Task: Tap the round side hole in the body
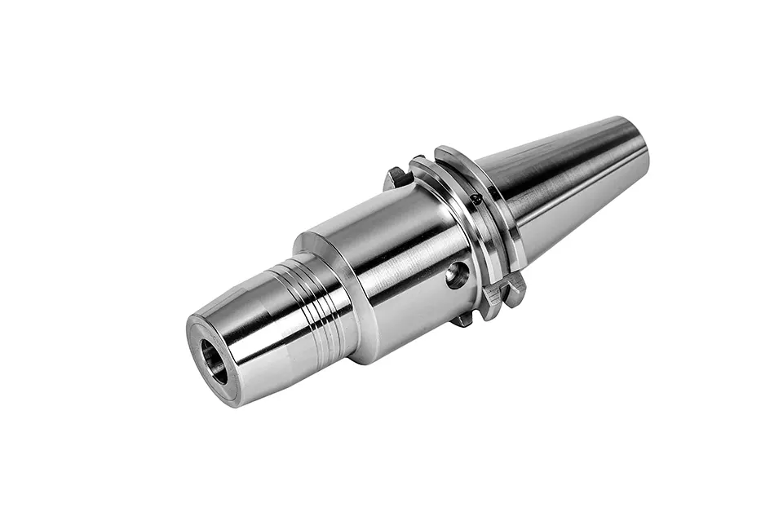coord(458,275)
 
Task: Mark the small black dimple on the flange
coord(475,199)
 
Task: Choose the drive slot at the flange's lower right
coord(502,290)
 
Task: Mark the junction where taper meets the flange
coord(514,212)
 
